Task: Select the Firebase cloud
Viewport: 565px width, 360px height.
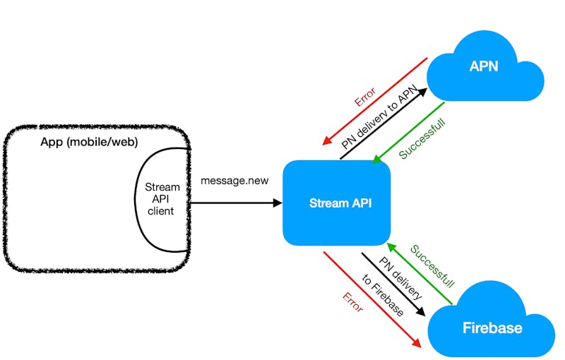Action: point(492,327)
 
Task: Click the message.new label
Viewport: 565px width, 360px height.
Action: point(234,181)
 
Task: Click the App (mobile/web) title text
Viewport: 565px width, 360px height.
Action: point(89,143)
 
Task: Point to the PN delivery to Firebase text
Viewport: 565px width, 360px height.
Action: point(388,285)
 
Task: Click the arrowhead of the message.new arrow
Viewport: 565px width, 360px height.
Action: point(278,203)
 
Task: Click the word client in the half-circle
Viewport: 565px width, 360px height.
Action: point(161,211)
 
